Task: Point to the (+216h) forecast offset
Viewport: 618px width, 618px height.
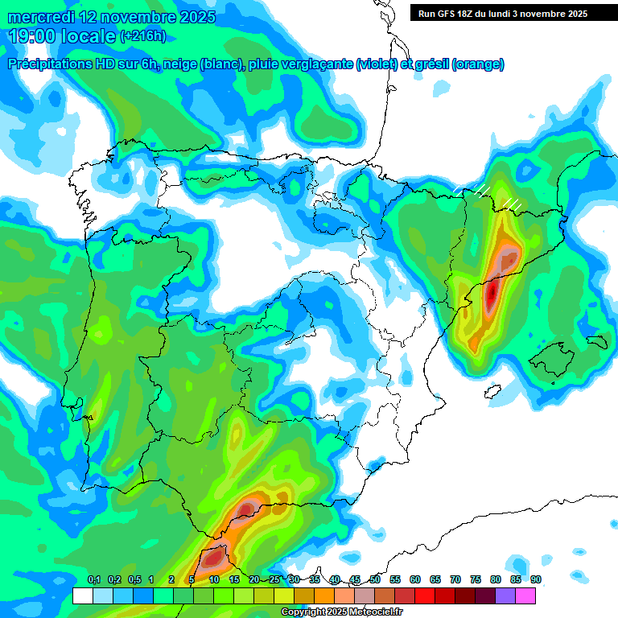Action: pyautogui.click(x=142, y=36)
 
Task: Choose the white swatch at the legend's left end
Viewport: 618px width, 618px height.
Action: pyautogui.click(x=82, y=595)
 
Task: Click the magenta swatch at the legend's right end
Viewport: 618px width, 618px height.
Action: pyautogui.click(x=525, y=595)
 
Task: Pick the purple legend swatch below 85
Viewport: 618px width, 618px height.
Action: pyautogui.click(x=505, y=595)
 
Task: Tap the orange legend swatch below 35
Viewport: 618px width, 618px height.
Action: pyautogui.click(x=323, y=595)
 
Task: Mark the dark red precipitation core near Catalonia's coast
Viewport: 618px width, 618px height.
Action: pyautogui.click(x=492, y=295)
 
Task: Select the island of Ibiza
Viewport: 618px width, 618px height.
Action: pyautogui.click(x=492, y=392)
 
